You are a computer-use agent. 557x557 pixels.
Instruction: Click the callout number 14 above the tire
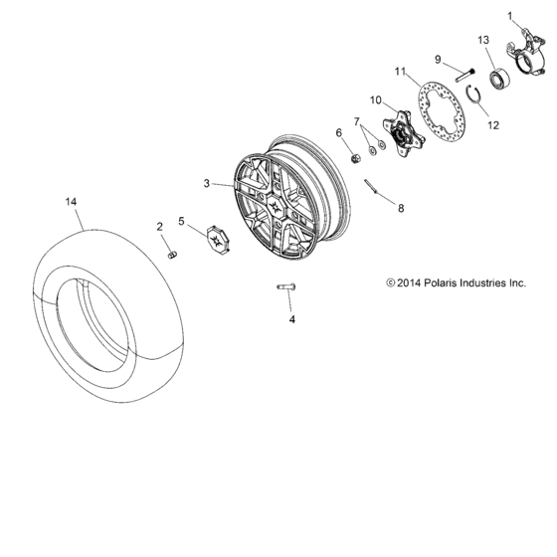tap(71, 202)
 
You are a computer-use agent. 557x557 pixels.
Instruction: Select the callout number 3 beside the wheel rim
tap(206, 184)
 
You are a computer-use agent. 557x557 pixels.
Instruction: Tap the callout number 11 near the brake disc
tap(402, 73)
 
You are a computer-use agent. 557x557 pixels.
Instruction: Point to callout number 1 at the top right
tap(512, 16)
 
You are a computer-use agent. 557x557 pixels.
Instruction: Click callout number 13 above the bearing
tap(483, 39)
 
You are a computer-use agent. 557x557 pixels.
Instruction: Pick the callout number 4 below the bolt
tap(291, 320)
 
